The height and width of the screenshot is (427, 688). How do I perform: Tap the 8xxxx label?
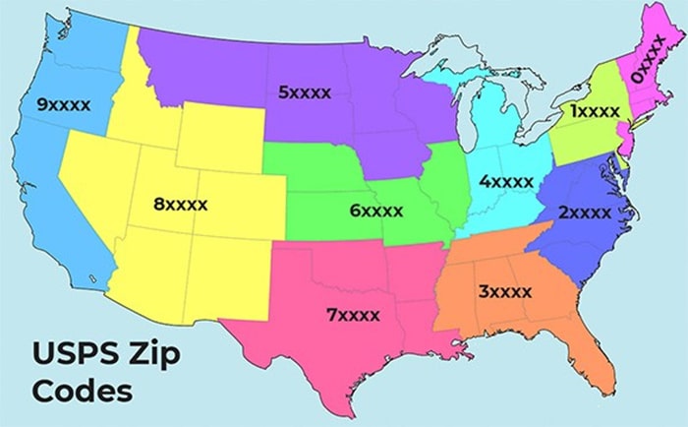(x=181, y=205)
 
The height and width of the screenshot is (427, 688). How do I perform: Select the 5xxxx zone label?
(x=305, y=92)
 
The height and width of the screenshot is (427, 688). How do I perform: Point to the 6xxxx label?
(x=376, y=210)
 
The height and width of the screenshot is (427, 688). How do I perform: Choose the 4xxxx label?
(x=506, y=181)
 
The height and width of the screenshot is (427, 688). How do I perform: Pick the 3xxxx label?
(x=505, y=291)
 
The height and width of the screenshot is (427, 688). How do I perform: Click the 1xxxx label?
(x=598, y=111)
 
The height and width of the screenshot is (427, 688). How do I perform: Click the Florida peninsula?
(x=594, y=355)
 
